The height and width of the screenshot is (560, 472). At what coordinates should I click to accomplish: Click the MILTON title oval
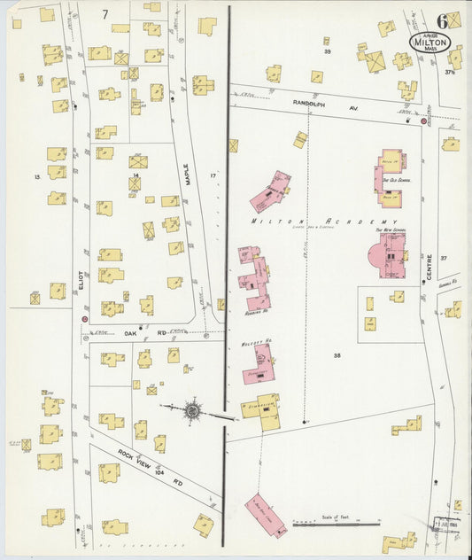pyautogui.click(x=430, y=42)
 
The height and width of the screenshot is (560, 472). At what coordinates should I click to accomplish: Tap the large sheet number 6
pyautogui.click(x=441, y=19)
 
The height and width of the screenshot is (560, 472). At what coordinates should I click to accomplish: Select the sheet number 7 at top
pyautogui.click(x=105, y=13)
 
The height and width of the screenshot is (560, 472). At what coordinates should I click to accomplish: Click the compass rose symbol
pyautogui.click(x=192, y=410)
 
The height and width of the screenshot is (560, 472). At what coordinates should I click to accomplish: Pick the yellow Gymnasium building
pyautogui.click(x=264, y=409)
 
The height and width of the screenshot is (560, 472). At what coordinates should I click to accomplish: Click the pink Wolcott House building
pyautogui.click(x=262, y=364)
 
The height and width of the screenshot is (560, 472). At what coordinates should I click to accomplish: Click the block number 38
pyautogui.click(x=337, y=354)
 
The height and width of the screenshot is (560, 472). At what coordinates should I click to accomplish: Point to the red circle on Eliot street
pyautogui.click(x=84, y=317)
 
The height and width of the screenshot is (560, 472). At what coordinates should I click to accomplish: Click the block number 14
pyautogui.click(x=135, y=176)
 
